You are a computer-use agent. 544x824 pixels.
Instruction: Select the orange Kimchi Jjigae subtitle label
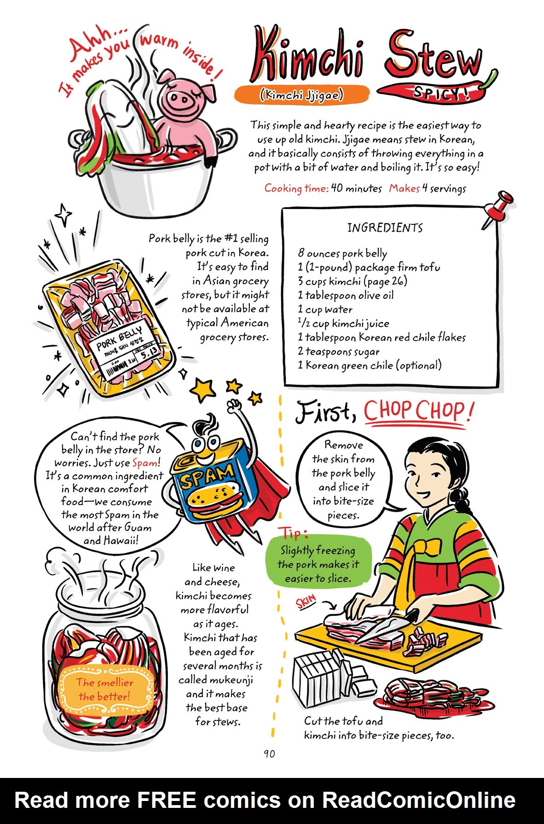pyautogui.click(x=301, y=95)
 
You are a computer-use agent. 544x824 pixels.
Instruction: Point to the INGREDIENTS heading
pyautogui.click(x=385, y=228)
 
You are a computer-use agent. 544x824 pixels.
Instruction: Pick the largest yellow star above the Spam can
pyautogui.click(x=203, y=390)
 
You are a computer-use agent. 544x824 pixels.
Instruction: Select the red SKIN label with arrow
pyautogui.click(x=307, y=601)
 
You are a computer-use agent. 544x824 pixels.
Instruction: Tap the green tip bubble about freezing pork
pyautogui.click(x=318, y=564)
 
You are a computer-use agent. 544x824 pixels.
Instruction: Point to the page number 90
pyautogui.click(x=269, y=754)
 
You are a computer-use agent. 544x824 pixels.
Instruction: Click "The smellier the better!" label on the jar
pyautogui.click(x=105, y=690)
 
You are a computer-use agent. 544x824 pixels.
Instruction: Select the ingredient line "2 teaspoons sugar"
pyautogui.click(x=338, y=351)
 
